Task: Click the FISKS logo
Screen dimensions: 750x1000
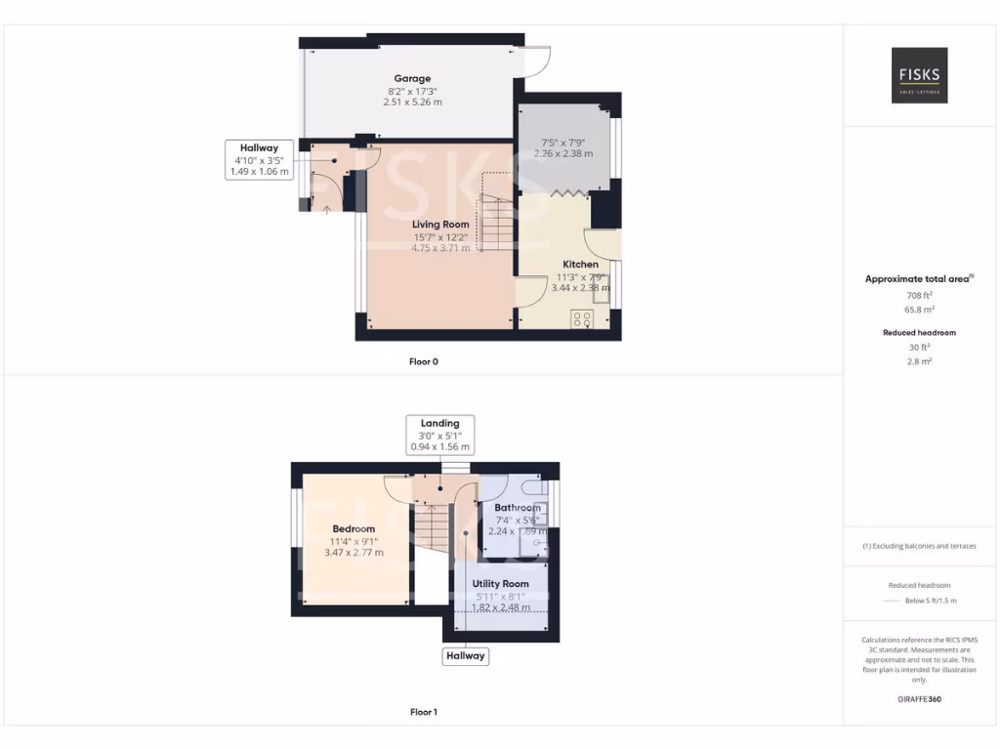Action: point(919,75)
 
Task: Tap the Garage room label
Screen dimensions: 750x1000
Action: point(412,78)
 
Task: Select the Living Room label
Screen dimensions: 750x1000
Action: point(440,224)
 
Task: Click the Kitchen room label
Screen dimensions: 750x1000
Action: point(580,264)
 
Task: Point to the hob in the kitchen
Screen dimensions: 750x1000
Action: point(582,318)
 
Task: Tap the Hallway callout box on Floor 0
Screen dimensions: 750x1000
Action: point(259,159)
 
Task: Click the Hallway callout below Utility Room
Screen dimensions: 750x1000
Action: point(465,655)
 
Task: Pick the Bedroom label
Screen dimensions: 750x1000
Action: point(354,528)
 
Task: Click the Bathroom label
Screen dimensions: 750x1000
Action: point(517,508)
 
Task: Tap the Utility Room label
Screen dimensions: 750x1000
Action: point(500,584)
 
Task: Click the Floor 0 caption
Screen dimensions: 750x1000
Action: point(423,361)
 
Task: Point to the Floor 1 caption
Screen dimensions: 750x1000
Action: point(423,712)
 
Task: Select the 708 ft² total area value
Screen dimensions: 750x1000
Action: point(919,294)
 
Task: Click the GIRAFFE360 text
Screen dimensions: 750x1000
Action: point(919,699)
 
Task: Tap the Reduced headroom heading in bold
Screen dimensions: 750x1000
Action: point(919,332)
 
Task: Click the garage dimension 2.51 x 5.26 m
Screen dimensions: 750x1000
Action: point(412,102)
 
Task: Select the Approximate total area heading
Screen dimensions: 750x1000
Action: point(917,279)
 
